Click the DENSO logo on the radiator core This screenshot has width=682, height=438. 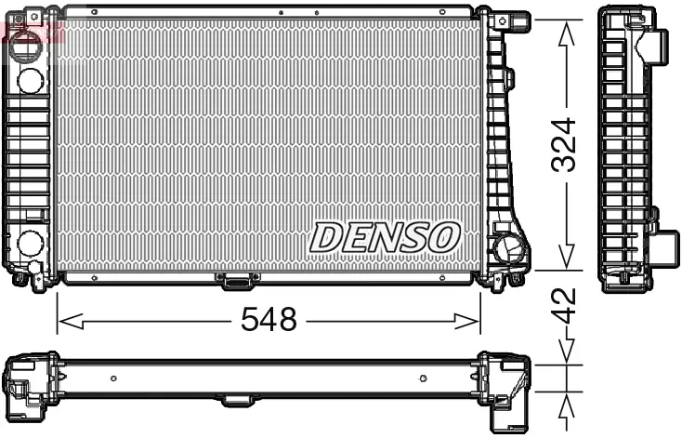point(384,237)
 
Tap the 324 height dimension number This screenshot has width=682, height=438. point(564,144)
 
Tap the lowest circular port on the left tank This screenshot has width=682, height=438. point(30,245)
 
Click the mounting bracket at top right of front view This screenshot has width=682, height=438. point(509,20)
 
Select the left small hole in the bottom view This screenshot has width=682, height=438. point(113,378)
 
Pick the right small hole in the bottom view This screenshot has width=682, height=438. point(423,378)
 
